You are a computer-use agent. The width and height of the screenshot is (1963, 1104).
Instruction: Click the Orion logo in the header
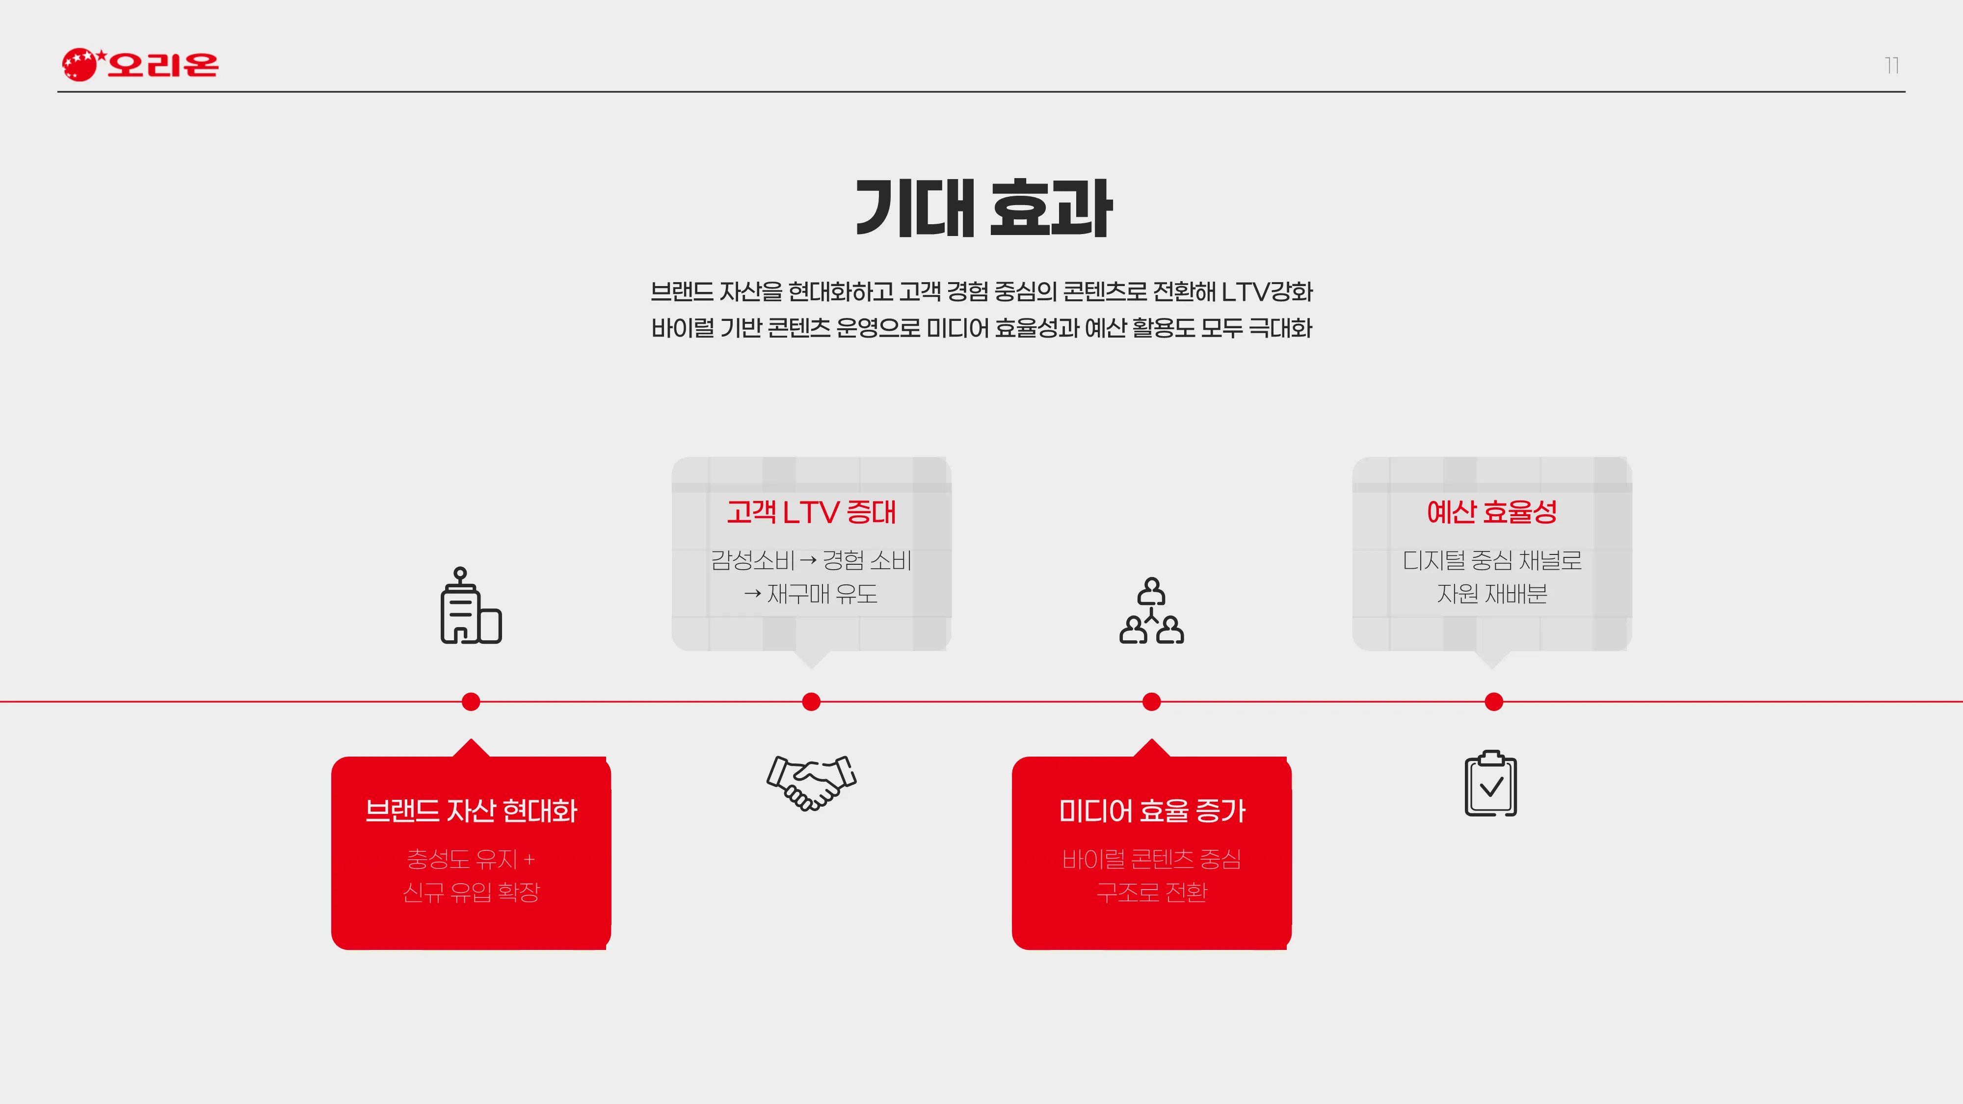[140, 64]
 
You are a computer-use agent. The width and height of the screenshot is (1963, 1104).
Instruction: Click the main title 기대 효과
[983, 208]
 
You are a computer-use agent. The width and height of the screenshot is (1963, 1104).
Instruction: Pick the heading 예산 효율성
[1491, 512]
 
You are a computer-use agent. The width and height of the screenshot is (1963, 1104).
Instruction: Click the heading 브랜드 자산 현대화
[471, 811]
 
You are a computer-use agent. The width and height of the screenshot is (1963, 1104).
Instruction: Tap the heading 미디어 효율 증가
[1151, 811]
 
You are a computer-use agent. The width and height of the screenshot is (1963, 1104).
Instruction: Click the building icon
[471, 605]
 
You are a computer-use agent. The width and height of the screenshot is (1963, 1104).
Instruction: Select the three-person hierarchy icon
[1151, 610]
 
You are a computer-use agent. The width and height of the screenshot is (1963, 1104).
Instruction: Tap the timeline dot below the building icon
[471, 702]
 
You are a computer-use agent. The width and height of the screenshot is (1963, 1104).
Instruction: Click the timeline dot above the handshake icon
[812, 702]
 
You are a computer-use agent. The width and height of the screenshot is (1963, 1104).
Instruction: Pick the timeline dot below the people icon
[1151, 702]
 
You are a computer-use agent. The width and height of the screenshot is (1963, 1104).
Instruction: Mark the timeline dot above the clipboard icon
[1493, 702]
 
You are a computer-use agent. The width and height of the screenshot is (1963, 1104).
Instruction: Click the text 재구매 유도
[822, 594]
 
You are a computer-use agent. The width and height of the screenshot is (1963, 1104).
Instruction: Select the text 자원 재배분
[1491, 594]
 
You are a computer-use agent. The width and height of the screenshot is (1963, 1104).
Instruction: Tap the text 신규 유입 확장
[471, 892]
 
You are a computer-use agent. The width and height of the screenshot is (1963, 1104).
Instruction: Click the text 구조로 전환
[1151, 892]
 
